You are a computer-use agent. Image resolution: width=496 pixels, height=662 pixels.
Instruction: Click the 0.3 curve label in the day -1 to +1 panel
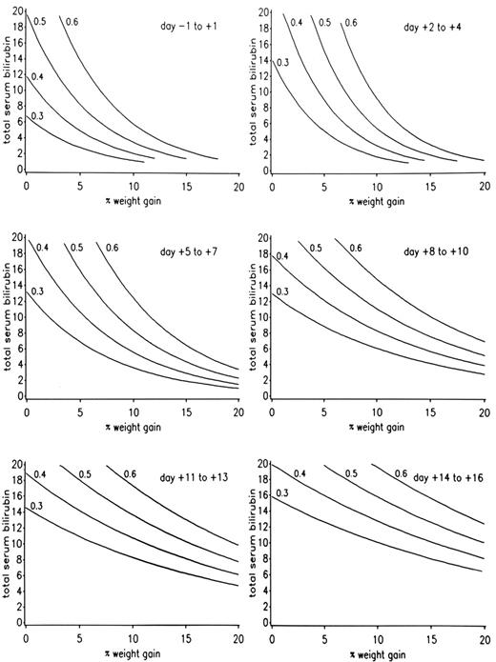pyautogui.click(x=37, y=117)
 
